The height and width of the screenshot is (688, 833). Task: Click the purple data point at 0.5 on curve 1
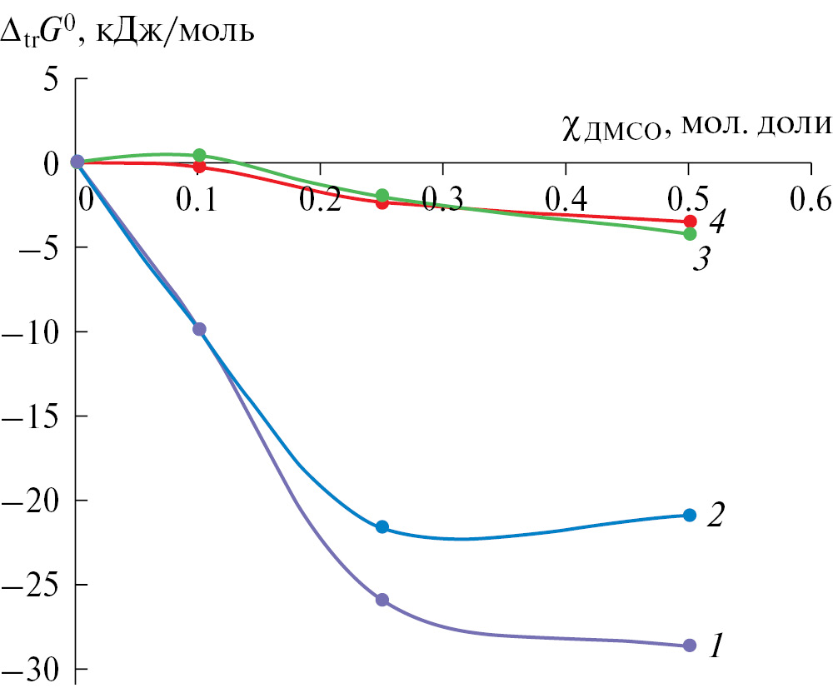point(689,646)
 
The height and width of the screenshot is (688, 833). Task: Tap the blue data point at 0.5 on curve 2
point(689,515)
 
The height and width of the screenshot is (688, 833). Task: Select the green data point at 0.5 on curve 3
point(689,234)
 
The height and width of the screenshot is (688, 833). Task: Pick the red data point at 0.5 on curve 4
point(689,222)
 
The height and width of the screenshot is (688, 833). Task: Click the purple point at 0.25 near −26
point(382,600)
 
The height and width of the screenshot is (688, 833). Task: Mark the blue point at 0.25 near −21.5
point(382,526)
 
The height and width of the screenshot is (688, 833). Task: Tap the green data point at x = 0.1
point(199,155)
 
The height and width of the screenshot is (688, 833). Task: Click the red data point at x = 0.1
point(199,167)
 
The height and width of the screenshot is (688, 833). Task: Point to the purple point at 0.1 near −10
point(199,329)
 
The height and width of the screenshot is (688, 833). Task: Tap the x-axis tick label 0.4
point(566,201)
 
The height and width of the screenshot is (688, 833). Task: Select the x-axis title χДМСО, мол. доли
point(691,127)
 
